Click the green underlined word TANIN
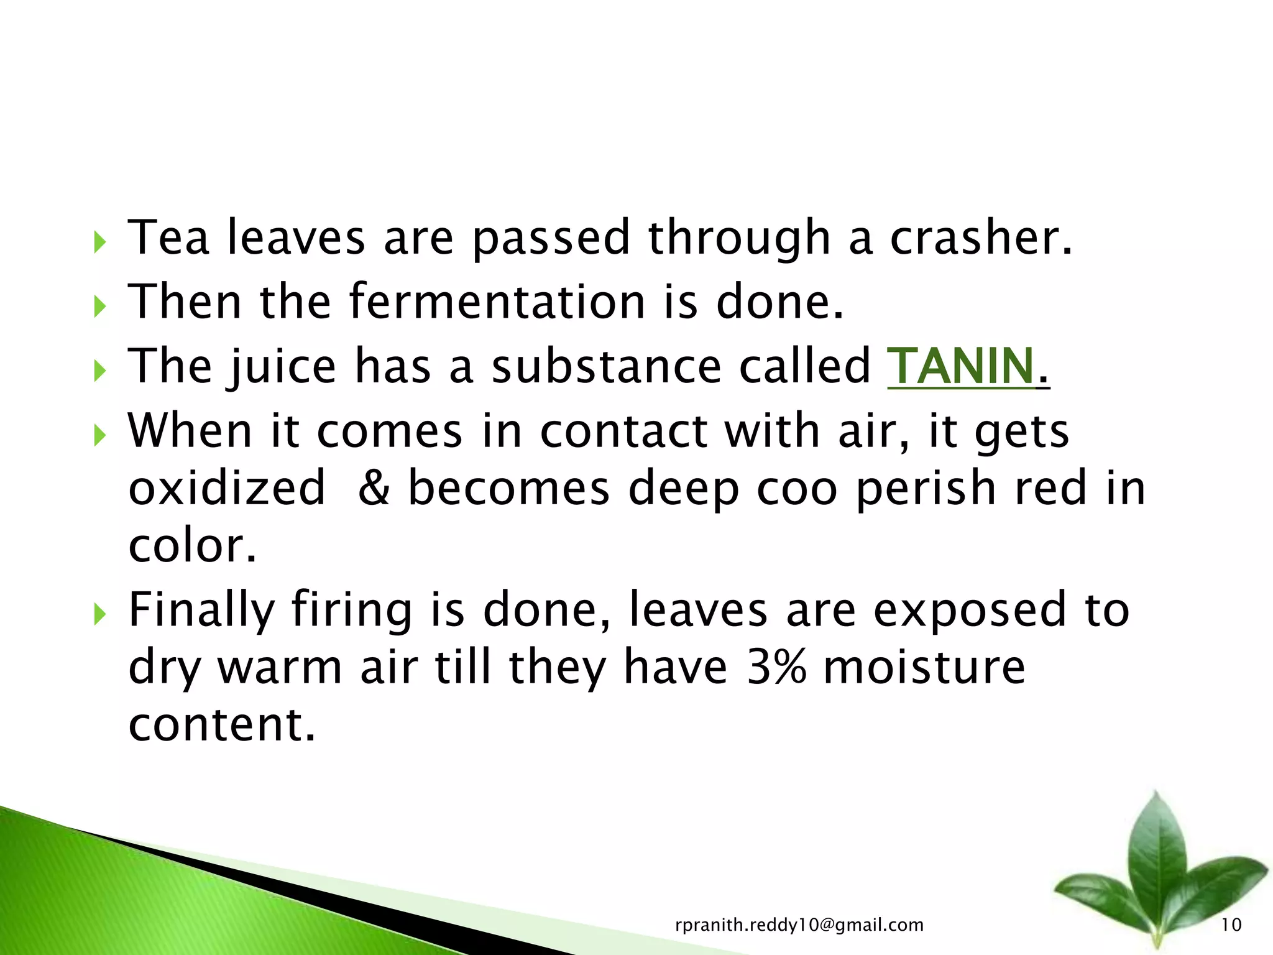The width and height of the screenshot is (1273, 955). point(960,367)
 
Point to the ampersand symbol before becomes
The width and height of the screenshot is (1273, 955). point(374,488)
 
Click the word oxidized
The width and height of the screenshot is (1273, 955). point(227,488)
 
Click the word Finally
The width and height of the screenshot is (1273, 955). point(201,611)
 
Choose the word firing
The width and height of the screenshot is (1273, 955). point(352,611)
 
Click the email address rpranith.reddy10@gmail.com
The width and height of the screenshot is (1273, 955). point(799,925)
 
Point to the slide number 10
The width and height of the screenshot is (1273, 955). point(1231,925)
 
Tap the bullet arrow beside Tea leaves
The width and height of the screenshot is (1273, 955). point(99,242)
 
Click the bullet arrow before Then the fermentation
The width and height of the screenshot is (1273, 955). point(99,306)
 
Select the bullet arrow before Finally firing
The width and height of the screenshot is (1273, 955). point(99,614)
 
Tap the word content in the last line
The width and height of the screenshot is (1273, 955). point(221,725)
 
